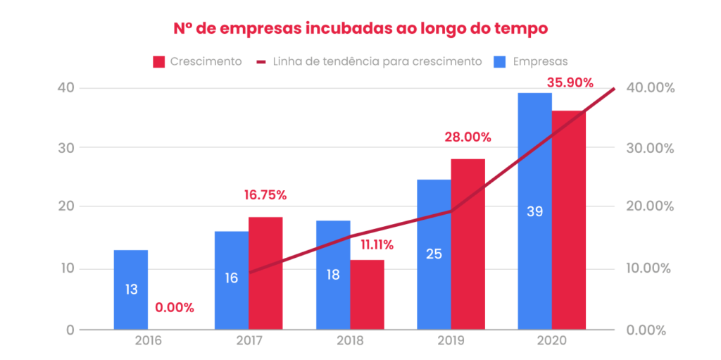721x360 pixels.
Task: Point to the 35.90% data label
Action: tap(570, 82)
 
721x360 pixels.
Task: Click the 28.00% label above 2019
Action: tap(468, 137)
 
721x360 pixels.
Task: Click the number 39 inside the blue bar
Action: tap(535, 211)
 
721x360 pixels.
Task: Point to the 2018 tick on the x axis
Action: tap(350, 340)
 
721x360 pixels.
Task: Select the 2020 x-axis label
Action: tap(551, 340)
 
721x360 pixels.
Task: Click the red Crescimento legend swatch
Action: tap(158, 61)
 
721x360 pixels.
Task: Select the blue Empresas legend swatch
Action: tap(499, 61)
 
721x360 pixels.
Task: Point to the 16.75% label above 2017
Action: tap(265, 195)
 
